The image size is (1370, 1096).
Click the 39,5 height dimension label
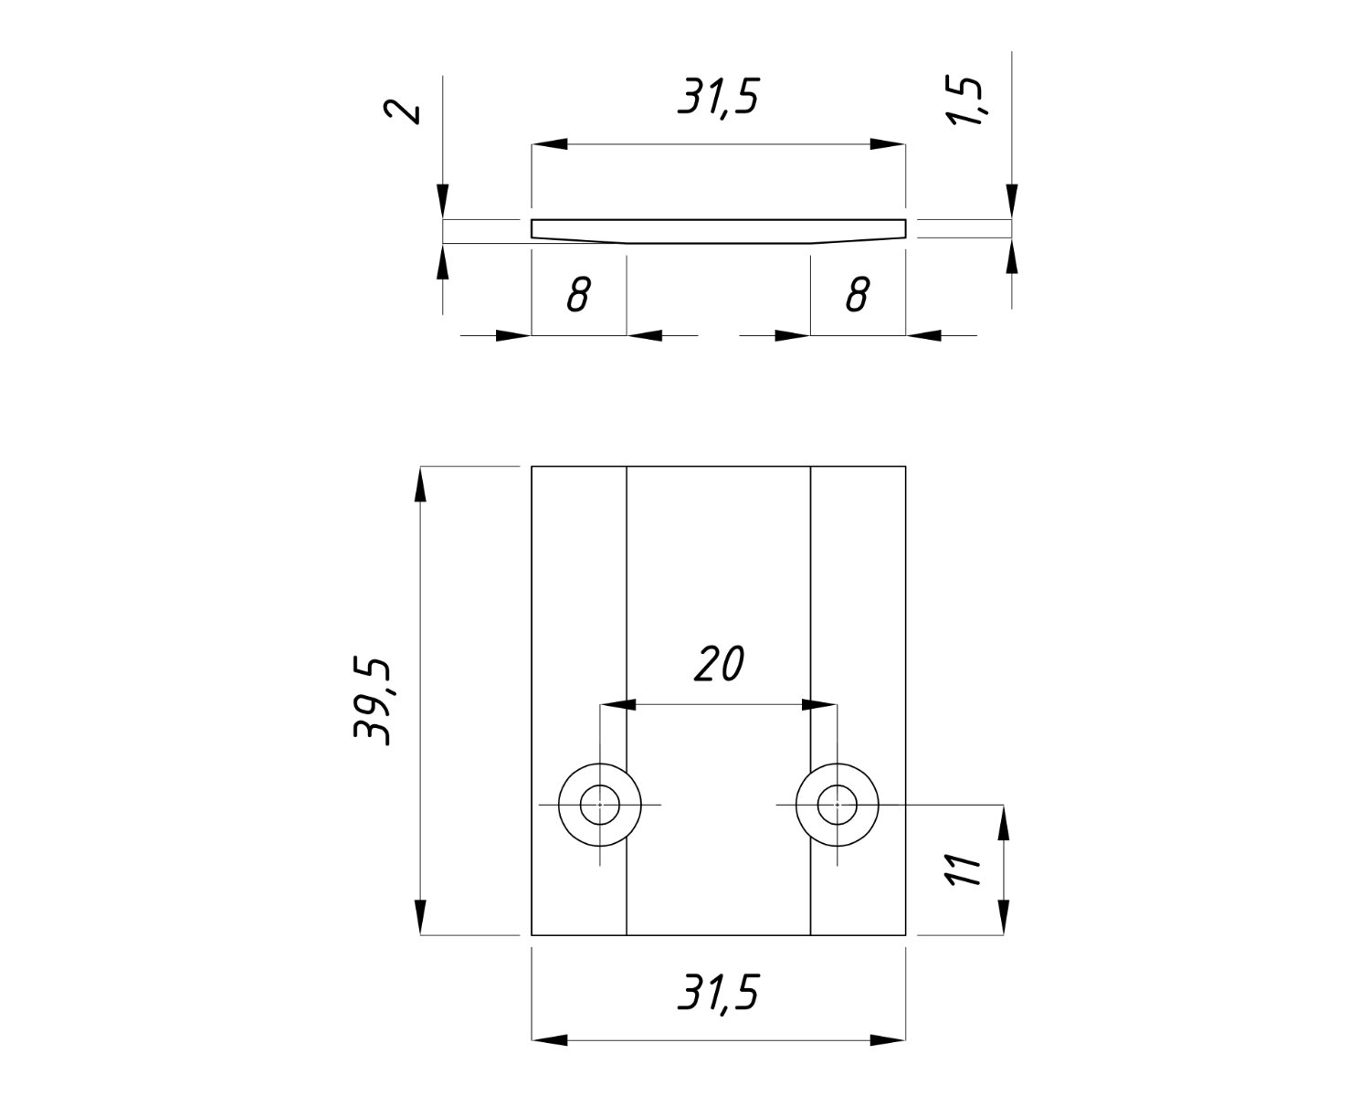click(x=374, y=701)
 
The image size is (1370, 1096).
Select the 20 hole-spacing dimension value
click(x=719, y=665)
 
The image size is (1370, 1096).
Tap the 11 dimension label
click(x=963, y=869)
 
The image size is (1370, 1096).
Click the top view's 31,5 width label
click(x=718, y=97)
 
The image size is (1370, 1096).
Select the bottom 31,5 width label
click(x=718, y=993)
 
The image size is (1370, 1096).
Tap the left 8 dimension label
click(x=577, y=295)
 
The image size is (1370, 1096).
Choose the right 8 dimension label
click(x=857, y=295)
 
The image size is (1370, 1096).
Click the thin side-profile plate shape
click(x=719, y=230)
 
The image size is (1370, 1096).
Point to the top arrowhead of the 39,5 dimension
click(x=420, y=485)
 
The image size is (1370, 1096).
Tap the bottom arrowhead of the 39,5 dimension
click(x=420, y=917)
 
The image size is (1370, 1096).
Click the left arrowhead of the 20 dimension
click(x=617, y=704)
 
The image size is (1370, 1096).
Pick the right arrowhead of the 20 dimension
click(x=819, y=704)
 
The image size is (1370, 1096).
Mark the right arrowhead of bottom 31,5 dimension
click(x=888, y=1039)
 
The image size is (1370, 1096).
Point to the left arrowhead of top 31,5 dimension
click(x=550, y=144)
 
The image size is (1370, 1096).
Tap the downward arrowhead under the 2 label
click(x=442, y=202)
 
